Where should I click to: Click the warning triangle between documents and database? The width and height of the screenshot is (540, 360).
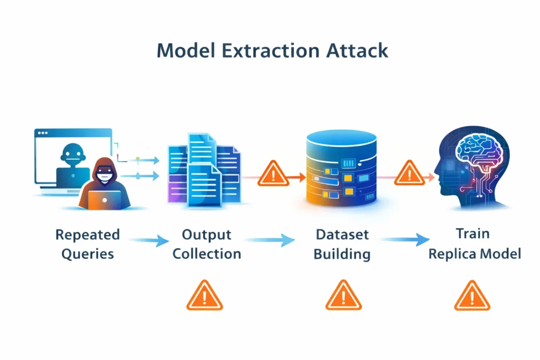[273, 174]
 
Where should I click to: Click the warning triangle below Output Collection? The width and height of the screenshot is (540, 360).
[205, 296]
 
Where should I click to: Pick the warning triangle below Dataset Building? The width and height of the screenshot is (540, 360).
[343, 296]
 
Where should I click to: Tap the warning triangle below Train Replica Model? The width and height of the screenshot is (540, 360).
[472, 296]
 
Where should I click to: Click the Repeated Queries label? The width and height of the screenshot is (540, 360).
[88, 244]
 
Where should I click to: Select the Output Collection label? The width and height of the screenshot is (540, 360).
[207, 244]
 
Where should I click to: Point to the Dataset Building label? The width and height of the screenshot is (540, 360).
[342, 244]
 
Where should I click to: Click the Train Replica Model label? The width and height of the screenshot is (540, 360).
[475, 244]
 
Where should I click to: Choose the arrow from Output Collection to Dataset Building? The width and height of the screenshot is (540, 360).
[269, 241]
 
